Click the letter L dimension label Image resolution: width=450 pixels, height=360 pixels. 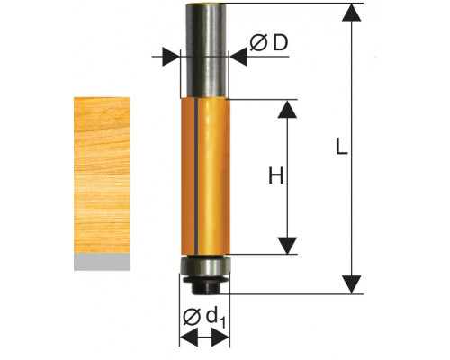[x=341, y=147]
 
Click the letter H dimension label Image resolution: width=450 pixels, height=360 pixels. [x=276, y=175]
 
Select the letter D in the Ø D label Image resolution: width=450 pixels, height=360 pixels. [x=280, y=42]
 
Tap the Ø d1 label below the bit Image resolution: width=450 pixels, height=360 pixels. [x=204, y=318]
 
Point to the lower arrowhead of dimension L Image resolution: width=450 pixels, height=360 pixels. [x=351, y=284]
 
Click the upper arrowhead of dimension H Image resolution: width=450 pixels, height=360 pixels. [x=287, y=109]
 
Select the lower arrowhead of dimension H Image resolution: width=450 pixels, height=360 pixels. [x=287, y=246]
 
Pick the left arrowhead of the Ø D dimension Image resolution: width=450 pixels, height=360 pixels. [x=171, y=57]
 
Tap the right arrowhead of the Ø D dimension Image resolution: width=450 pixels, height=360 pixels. [x=238, y=57]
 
